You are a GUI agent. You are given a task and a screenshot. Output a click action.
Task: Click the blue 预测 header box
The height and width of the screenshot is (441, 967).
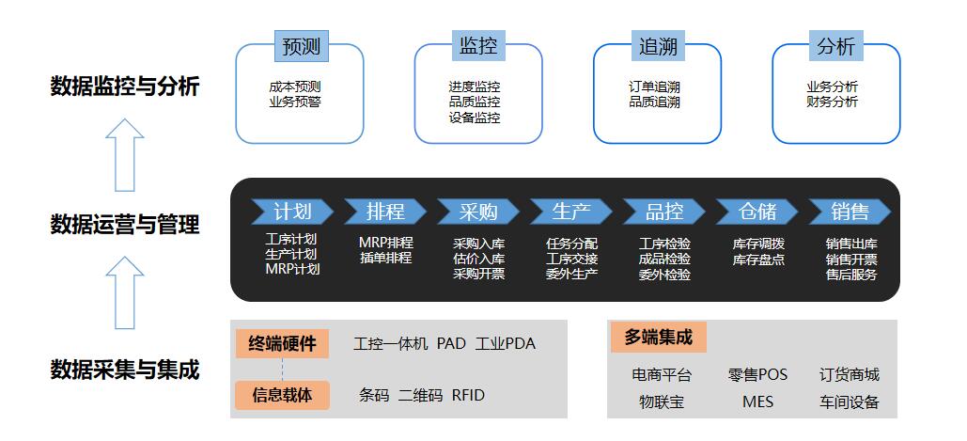point(302,46)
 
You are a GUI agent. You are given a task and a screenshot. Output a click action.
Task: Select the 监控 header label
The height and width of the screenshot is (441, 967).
point(478,46)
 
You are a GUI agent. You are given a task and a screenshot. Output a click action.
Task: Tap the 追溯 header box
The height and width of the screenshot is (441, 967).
point(658,46)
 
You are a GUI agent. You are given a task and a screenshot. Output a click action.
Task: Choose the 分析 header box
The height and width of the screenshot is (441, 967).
point(836,46)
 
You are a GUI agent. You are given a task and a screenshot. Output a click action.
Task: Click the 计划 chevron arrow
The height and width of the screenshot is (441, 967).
point(292,212)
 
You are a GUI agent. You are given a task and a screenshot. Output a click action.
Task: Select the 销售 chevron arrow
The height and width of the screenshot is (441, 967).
point(850,212)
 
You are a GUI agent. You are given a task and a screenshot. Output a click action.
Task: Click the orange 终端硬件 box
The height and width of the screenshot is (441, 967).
point(283,343)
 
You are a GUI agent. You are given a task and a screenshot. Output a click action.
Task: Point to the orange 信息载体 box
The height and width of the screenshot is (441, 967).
point(283,395)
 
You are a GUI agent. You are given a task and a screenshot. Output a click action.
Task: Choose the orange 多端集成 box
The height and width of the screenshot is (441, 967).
point(659,338)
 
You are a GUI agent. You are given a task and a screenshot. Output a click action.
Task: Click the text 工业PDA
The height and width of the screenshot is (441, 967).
point(505,343)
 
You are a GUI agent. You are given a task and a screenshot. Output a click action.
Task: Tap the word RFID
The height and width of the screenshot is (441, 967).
point(468,395)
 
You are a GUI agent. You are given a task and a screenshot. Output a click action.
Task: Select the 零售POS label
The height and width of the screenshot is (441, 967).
point(757,374)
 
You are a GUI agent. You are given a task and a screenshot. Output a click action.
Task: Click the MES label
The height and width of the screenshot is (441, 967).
point(758,402)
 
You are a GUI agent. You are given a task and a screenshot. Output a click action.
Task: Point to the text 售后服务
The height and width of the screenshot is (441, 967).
point(851,275)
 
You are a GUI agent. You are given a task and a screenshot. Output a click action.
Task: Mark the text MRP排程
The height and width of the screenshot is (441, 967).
point(386,243)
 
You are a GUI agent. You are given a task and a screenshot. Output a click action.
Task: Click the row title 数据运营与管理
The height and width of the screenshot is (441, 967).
point(125,225)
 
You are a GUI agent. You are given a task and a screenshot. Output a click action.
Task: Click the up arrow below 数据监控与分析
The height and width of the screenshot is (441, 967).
point(125,155)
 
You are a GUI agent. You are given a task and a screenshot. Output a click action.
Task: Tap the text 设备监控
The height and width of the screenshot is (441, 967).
point(475,118)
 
